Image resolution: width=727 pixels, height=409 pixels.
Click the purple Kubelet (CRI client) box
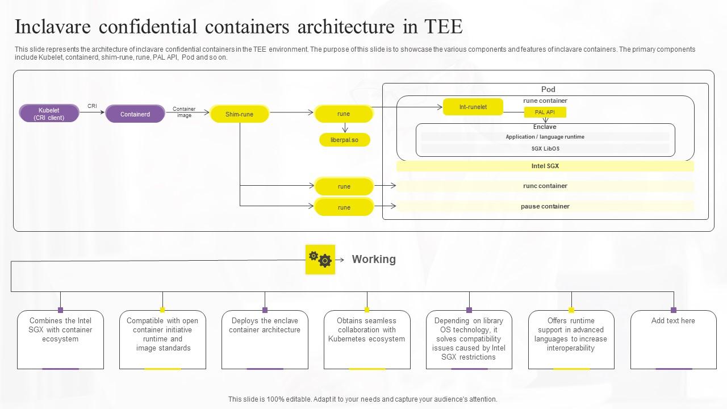(49, 114)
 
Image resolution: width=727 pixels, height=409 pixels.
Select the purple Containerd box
(135, 114)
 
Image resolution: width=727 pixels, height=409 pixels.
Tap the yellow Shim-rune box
(239, 114)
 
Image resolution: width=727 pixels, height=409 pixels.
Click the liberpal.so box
(344, 140)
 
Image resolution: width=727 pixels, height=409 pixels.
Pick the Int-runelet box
(473, 107)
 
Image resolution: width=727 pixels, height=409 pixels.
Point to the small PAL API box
(545, 112)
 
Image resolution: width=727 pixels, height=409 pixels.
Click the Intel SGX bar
(545, 166)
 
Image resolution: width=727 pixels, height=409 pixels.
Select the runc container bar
(545, 186)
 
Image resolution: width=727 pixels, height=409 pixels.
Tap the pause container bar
(545, 206)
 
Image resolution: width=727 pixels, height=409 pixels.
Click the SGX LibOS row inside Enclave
(545, 149)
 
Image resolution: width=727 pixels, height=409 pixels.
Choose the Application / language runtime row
(545, 137)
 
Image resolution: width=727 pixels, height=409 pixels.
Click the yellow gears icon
(320, 260)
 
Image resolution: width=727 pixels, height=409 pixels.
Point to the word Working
(374, 259)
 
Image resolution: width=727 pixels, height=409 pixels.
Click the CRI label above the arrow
(92, 106)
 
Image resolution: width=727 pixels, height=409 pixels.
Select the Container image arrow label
(184, 112)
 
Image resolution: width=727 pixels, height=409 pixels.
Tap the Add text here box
(673, 321)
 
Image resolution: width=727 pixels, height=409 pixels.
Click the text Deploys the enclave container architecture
(265, 325)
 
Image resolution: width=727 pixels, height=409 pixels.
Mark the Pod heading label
(548, 89)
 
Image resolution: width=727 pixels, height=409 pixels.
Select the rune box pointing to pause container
(344, 207)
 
